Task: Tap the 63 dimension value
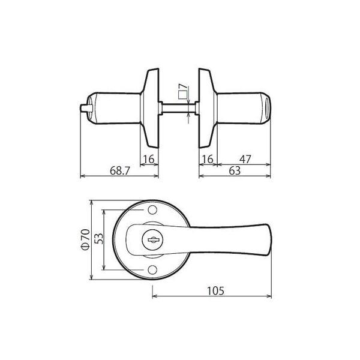point(234,171)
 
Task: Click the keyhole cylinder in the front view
point(150,240)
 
